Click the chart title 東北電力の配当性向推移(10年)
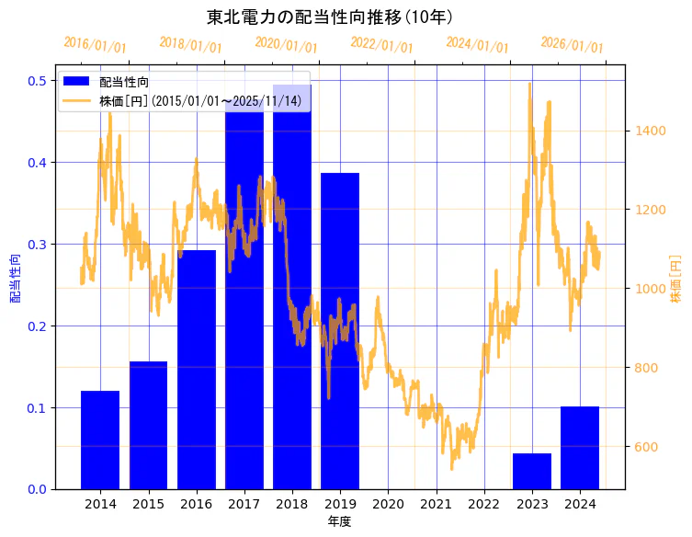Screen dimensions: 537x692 tap(328, 17)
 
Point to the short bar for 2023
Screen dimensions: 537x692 tap(532, 471)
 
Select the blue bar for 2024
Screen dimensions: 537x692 tap(580, 448)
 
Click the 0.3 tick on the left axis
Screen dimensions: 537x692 tap(38, 245)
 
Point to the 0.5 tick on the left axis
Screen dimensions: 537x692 tap(38, 81)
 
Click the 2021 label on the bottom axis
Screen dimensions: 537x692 tap(436, 504)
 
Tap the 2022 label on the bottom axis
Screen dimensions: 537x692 tap(484, 504)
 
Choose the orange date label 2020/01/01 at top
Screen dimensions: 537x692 tap(286, 44)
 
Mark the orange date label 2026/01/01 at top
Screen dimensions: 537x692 tap(572, 45)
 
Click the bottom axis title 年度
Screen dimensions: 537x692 tap(340, 521)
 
